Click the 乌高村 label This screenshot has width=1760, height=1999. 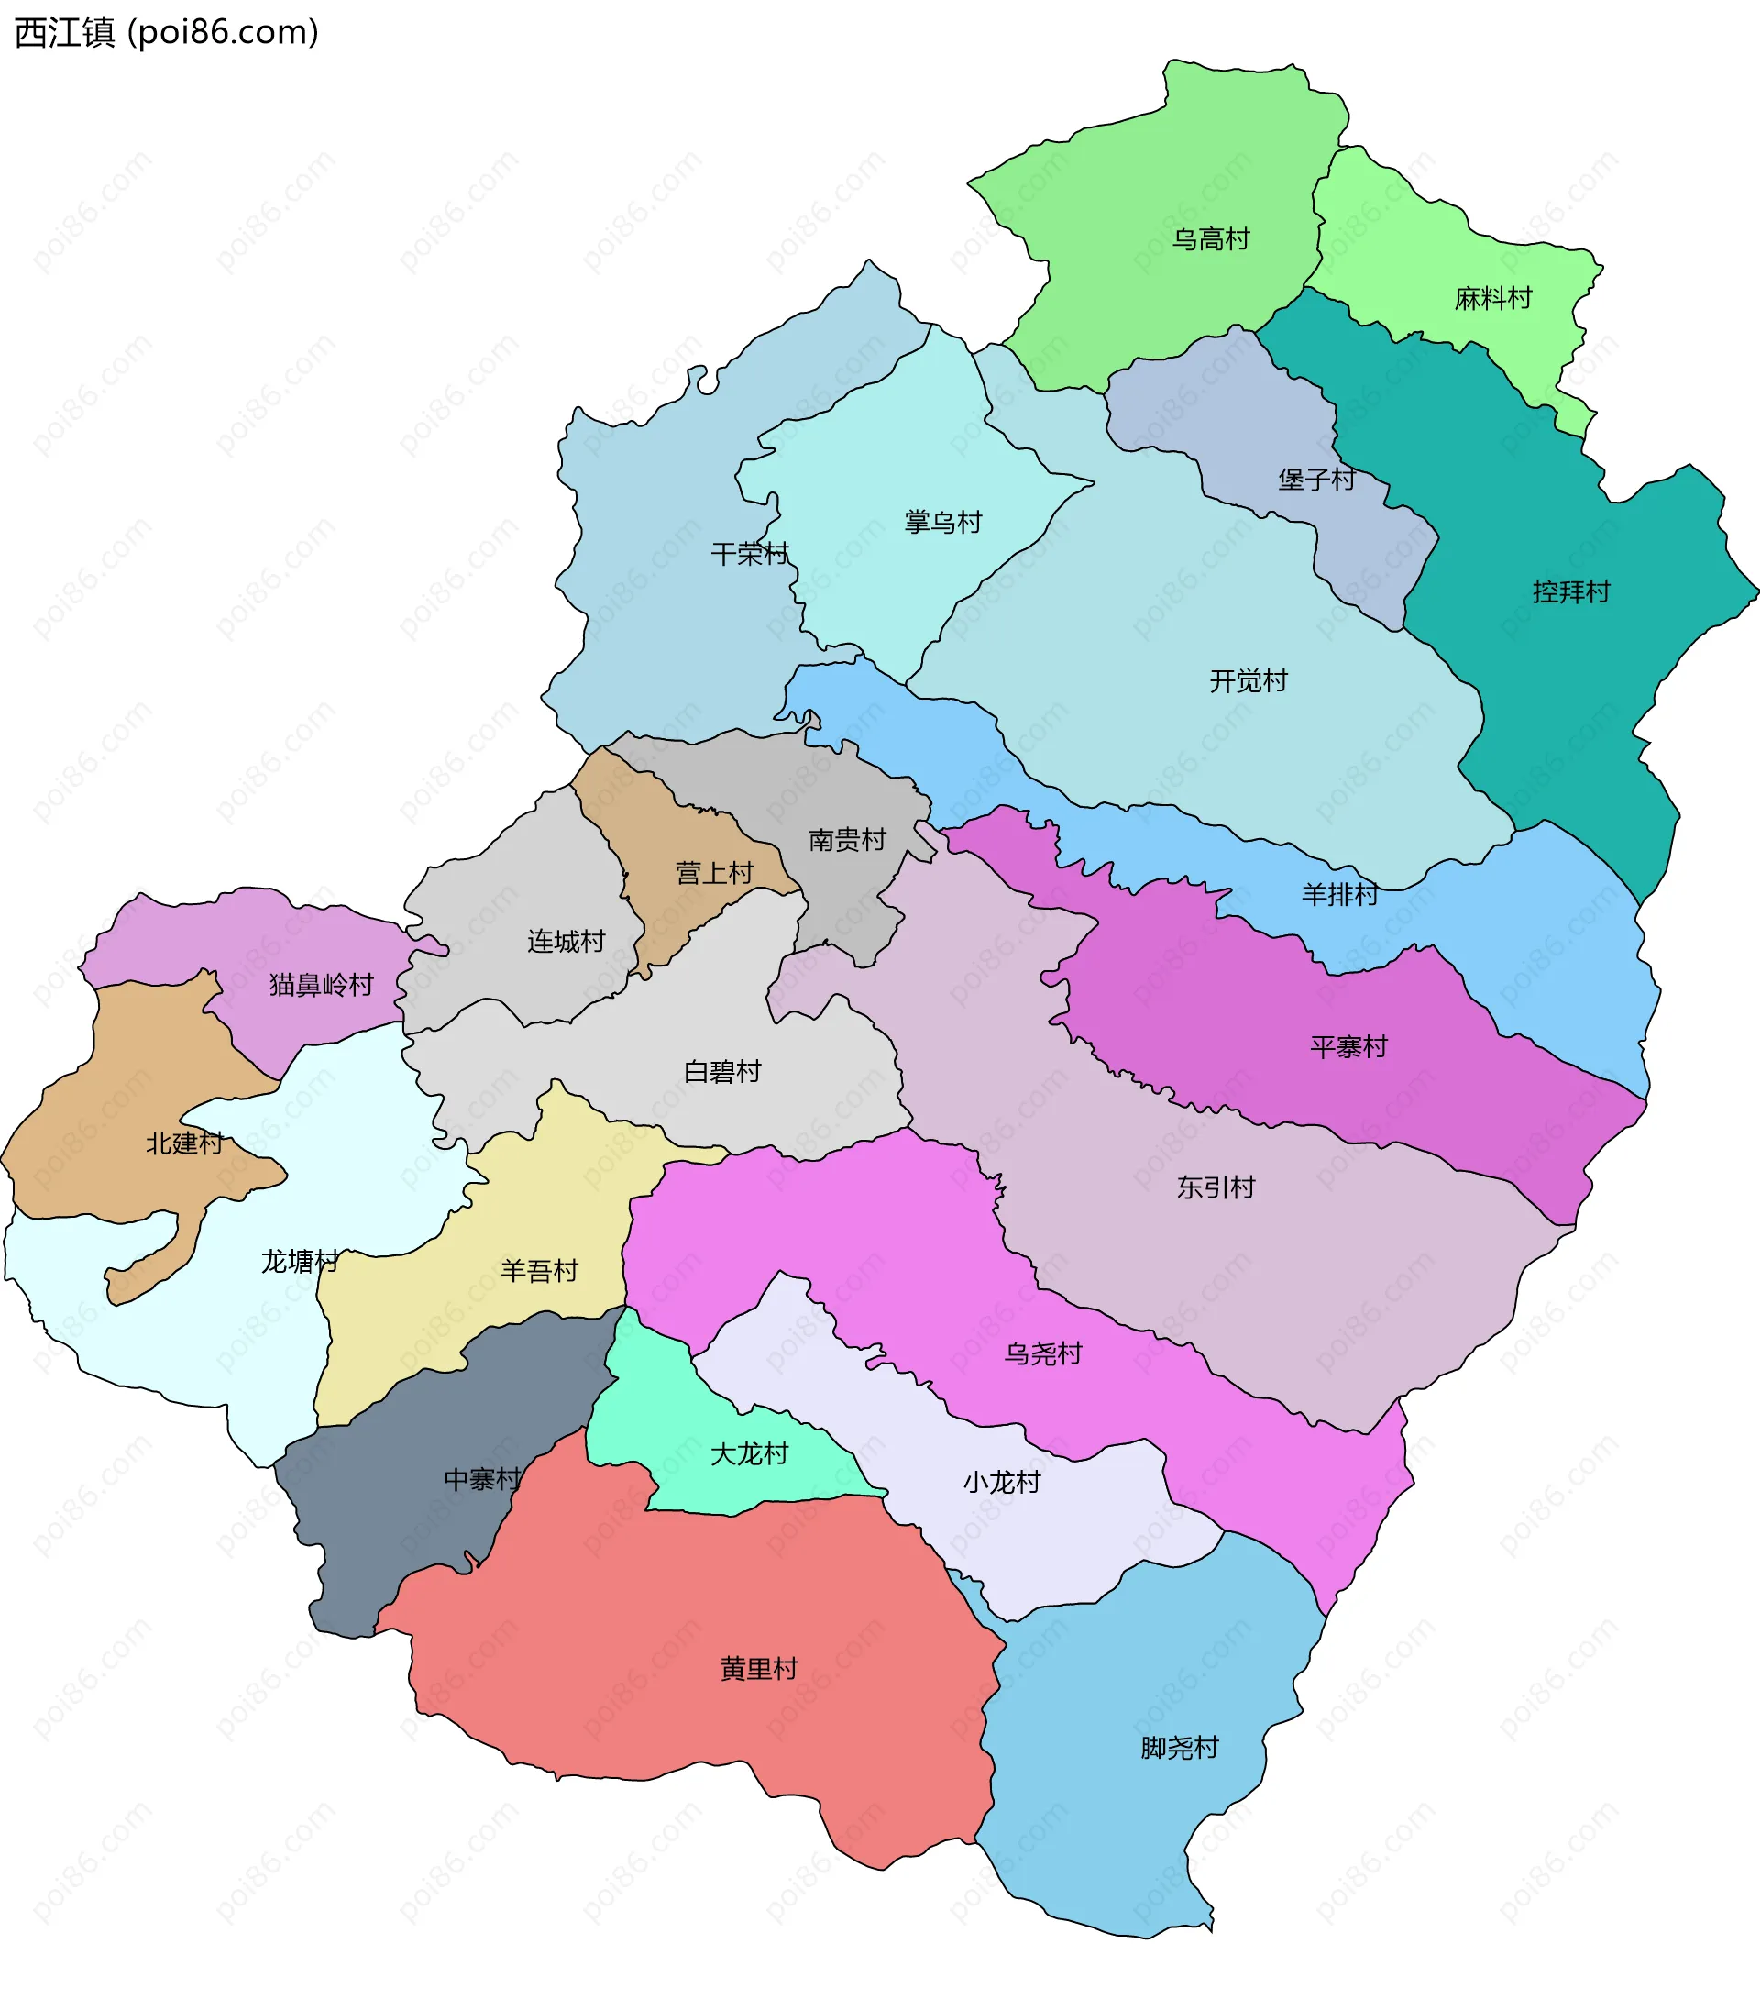[x=1211, y=238]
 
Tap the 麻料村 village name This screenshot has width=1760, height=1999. [x=1492, y=298]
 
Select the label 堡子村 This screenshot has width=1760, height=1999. [x=1316, y=480]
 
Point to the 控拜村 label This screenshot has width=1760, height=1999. [x=1570, y=591]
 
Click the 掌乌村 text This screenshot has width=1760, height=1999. [x=942, y=523]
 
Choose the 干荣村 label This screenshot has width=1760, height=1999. [x=749, y=555]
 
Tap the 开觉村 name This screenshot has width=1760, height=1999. [x=1248, y=680]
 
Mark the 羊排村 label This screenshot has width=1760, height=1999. [x=1339, y=894]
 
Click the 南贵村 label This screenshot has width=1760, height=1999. [x=847, y=839]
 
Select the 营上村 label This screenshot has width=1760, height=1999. [x=714, y=873]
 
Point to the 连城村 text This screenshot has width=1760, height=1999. [x=566, y=942]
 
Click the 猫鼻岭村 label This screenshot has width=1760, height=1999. [x=322, y=985]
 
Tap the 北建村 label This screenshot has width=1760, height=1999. [x=184, y=1143]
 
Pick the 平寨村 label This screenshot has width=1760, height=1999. [x=1348, y=1047]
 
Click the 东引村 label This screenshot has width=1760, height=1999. [x=1215, y=1187]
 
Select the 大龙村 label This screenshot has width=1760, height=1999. [x=749, y=1454]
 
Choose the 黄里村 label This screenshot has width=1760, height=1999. [x=759, y=1669]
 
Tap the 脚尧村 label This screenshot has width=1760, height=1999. [x=1179, y=1748]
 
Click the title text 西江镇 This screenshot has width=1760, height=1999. [x=64, y=32]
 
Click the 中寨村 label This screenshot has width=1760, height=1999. [x=483, y=1480]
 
